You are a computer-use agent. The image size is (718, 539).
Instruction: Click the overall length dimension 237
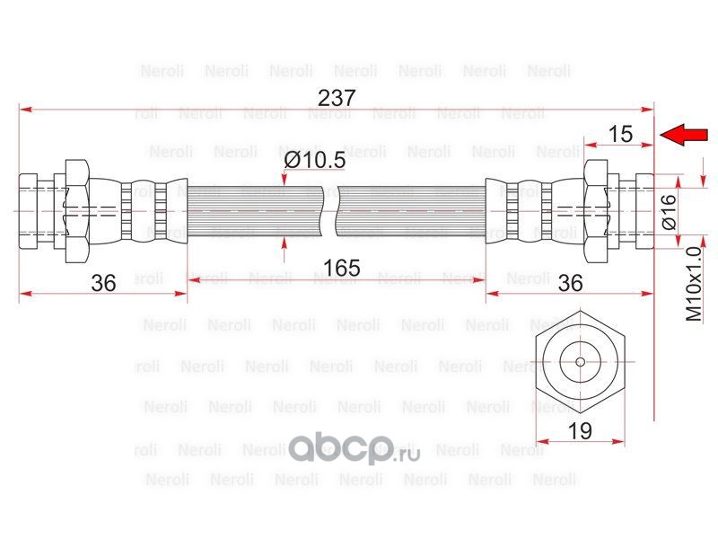click(x=337, y=98)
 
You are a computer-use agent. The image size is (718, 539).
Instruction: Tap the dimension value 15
click(x=620, y=134)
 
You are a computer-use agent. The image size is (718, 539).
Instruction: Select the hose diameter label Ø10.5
click(x=315, y=160)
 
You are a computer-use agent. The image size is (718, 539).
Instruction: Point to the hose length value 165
click(x=342, y=268)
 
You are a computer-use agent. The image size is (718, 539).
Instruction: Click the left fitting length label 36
click(x=103, y=283)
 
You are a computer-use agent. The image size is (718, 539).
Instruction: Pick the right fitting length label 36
click(x=570, y=283)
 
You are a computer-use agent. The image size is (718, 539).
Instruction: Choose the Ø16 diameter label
click(x=669, y=211)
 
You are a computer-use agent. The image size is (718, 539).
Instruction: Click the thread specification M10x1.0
click(x=694, y=284)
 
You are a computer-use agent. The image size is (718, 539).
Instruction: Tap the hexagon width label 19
click(x=580, y=431)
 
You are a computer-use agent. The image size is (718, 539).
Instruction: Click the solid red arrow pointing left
click(x=684, y=135)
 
